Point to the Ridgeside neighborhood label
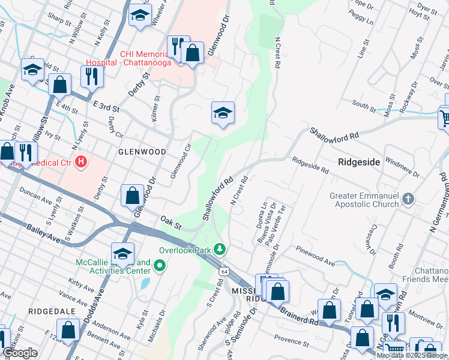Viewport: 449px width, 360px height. (x=359, y=161)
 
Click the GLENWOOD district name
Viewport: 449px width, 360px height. (x=142, y=152)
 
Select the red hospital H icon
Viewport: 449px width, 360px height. (x=83, y=162)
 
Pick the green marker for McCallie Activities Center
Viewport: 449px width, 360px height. (x=159, y=265)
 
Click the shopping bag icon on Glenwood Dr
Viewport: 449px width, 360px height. (x=132, y=195)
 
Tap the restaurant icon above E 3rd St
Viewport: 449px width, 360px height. (x=92, y=76)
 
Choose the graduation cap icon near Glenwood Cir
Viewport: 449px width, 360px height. (x=223, y=112)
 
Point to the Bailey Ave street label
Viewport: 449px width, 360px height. (x=44, y=233)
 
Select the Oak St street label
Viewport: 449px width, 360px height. (x=170, y=223)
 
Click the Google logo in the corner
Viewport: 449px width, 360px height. (x=20, y=353)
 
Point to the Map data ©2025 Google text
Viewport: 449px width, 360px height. (x=412, y=355)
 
